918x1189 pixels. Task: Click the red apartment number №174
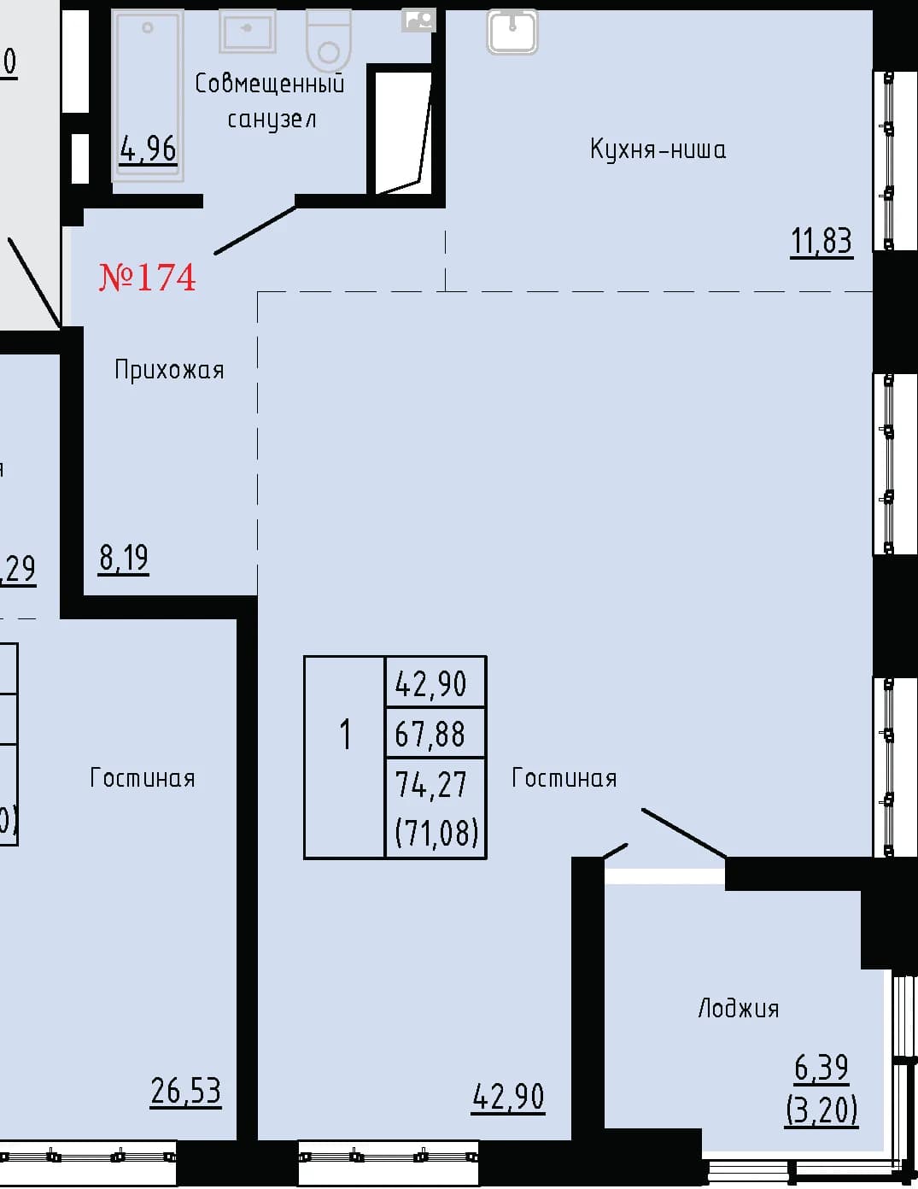click(x=147, y=278)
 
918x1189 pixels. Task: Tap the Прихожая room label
click(x=169, y=371)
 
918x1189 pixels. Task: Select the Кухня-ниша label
click(x=658, y=149)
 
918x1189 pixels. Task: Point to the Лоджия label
click(x=738, y=1009)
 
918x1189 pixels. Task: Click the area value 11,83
click(x=822, y=241)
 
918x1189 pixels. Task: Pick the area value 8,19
click(x=124, y=558)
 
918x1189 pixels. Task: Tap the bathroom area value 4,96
click(x=149, y=149)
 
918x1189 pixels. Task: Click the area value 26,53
click(x=186, y=1091)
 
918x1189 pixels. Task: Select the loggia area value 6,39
click(x=822, y=1068)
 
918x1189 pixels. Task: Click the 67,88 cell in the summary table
click(x=430, y=734)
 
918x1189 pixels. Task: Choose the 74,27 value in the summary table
click(x=431, y=784)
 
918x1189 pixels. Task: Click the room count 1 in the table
click(x=345, y=735)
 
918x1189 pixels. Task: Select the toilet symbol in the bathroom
click(x=328, y=39)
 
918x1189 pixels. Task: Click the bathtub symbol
click(x=148, y=96)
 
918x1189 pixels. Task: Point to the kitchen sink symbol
click(x=512, y=32)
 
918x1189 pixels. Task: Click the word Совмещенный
click(x=270, y=85)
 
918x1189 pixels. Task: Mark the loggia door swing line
click(x=683, y=832)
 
